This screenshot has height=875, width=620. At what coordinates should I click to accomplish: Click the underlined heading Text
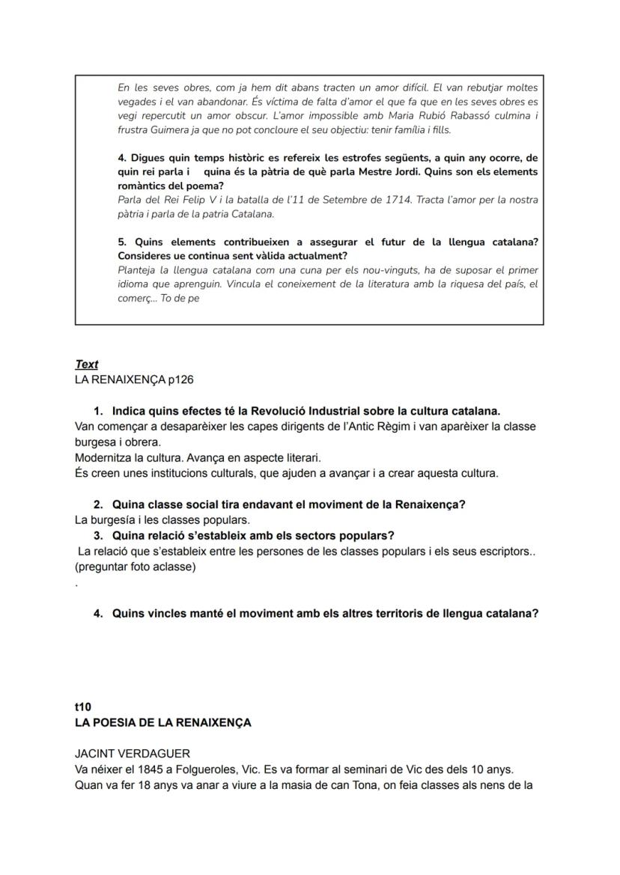point(86,365)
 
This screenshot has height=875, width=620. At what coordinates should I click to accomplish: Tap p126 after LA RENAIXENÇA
point(180,379)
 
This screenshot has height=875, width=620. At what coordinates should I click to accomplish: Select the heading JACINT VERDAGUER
point(133,754)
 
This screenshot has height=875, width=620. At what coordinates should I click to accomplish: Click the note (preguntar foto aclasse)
point(136,567)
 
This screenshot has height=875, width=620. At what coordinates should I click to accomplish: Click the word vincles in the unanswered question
point(165,614)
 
